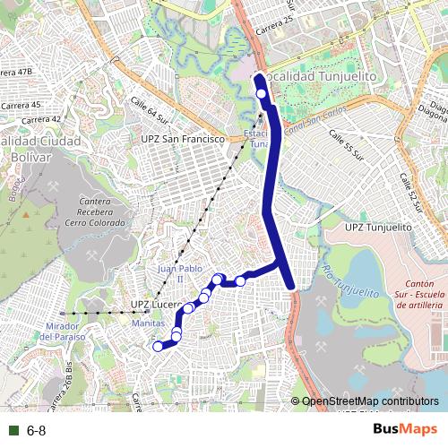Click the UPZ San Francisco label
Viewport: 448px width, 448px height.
tap(182, 140)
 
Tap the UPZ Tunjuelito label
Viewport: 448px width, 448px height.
tap(378, 228)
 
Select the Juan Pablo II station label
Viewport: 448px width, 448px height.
tap(169, 272)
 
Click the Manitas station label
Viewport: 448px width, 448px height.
tap(147, 322)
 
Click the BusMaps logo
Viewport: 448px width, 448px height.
tap(404, 429)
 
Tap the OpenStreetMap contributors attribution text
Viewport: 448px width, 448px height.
tap(369, 401)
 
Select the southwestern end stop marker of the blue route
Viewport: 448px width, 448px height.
tap(159, 346)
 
